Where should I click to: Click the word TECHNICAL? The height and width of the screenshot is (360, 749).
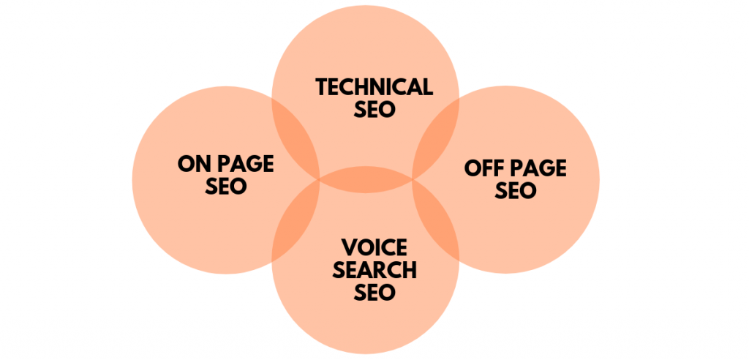374,87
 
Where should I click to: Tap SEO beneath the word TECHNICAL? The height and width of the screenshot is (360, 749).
374,109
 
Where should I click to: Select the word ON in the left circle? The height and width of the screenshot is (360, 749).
194,165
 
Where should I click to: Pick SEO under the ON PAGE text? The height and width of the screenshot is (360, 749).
226,186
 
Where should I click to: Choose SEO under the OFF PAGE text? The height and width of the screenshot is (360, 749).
516,190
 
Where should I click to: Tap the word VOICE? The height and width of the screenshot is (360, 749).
374,247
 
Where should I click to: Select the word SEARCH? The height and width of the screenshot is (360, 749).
374,270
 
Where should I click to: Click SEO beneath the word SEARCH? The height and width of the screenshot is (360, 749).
374,292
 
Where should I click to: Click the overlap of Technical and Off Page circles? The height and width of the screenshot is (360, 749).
436,138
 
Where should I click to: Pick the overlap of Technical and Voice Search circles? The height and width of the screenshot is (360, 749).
366,179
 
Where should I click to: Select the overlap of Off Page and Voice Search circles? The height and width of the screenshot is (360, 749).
436,221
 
